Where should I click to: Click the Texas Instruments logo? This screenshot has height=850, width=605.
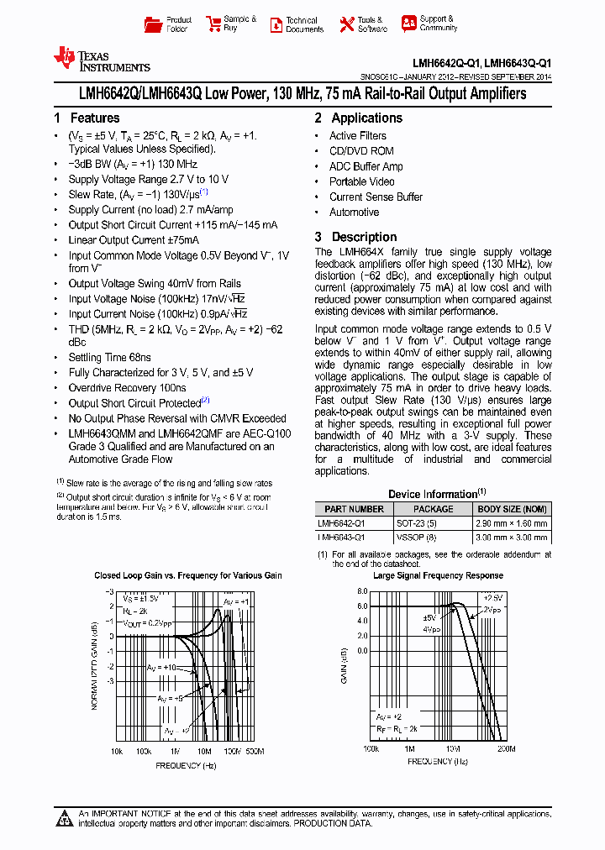tap(101, 59)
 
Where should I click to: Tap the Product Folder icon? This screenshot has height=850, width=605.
tap(153, 24)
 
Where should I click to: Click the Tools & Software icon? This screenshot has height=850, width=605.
tap(346, 24)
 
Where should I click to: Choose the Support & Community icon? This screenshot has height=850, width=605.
tap(408, 24)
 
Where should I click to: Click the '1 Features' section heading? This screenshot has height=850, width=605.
tap(87, 118)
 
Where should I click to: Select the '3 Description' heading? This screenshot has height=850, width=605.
tap(355, 237)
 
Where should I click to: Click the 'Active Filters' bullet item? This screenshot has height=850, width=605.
tap(357, 136)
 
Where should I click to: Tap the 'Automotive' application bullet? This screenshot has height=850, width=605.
tap(354, 212)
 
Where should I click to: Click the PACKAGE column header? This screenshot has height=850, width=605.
tap(434, 509)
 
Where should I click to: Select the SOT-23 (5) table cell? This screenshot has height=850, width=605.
tap(418, 522)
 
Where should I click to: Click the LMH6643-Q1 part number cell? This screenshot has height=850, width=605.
tap(341, 536)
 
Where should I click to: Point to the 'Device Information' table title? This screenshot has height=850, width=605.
tap(436, 494)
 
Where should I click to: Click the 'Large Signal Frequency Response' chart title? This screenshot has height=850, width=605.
tap(438, 575)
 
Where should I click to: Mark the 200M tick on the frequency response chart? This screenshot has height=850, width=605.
tap(505, 748)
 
